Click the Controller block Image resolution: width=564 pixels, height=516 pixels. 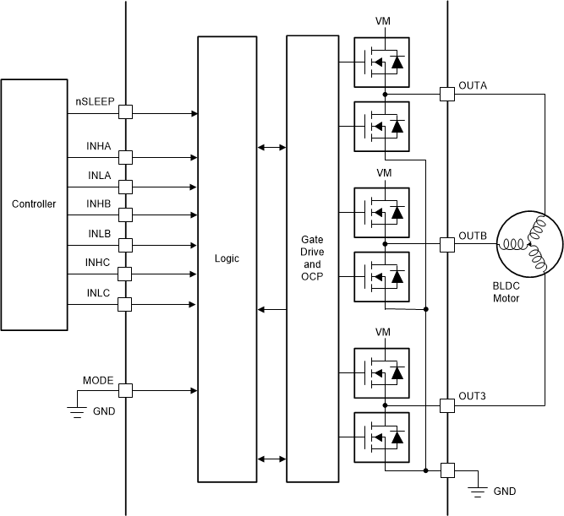(35, 204)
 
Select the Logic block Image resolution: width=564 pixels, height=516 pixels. (226, 259)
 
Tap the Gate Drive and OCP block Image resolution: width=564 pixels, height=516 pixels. (312, 259)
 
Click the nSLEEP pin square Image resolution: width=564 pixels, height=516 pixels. (125, 112)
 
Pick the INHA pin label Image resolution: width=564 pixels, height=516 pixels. (99, 146)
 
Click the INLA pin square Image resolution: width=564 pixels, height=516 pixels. (125, 187)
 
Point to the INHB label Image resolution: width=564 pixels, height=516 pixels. (99, 204)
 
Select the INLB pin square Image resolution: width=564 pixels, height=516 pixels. (125, 245)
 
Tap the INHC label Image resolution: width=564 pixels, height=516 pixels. (99, 262)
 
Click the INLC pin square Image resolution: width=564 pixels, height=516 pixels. (125, 303)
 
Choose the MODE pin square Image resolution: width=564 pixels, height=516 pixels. (125, 390)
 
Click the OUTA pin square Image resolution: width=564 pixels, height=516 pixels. (446, 94)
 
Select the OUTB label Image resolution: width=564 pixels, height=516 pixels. (473, 236)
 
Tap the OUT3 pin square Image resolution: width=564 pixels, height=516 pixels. (446, 406)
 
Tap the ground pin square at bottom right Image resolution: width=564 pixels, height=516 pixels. (446, 470)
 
